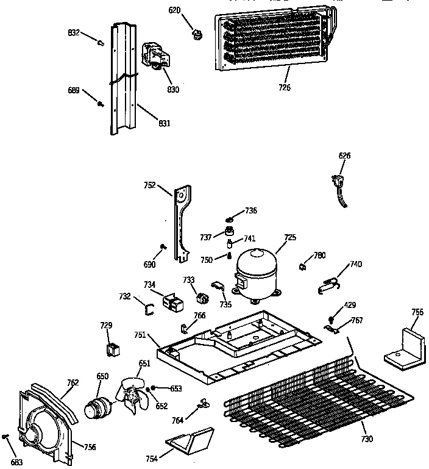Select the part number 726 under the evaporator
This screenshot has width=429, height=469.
[x=285, y=87]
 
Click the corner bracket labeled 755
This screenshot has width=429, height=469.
[x=404, y=346]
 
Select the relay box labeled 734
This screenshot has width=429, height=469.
[x=172, y=301]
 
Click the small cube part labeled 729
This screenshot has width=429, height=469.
[x=110, y=349]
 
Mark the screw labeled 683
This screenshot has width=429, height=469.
[x=6, y=437]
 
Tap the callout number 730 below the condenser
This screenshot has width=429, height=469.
[x=367, y=439]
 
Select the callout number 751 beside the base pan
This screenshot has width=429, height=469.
[x=140, y=334]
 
